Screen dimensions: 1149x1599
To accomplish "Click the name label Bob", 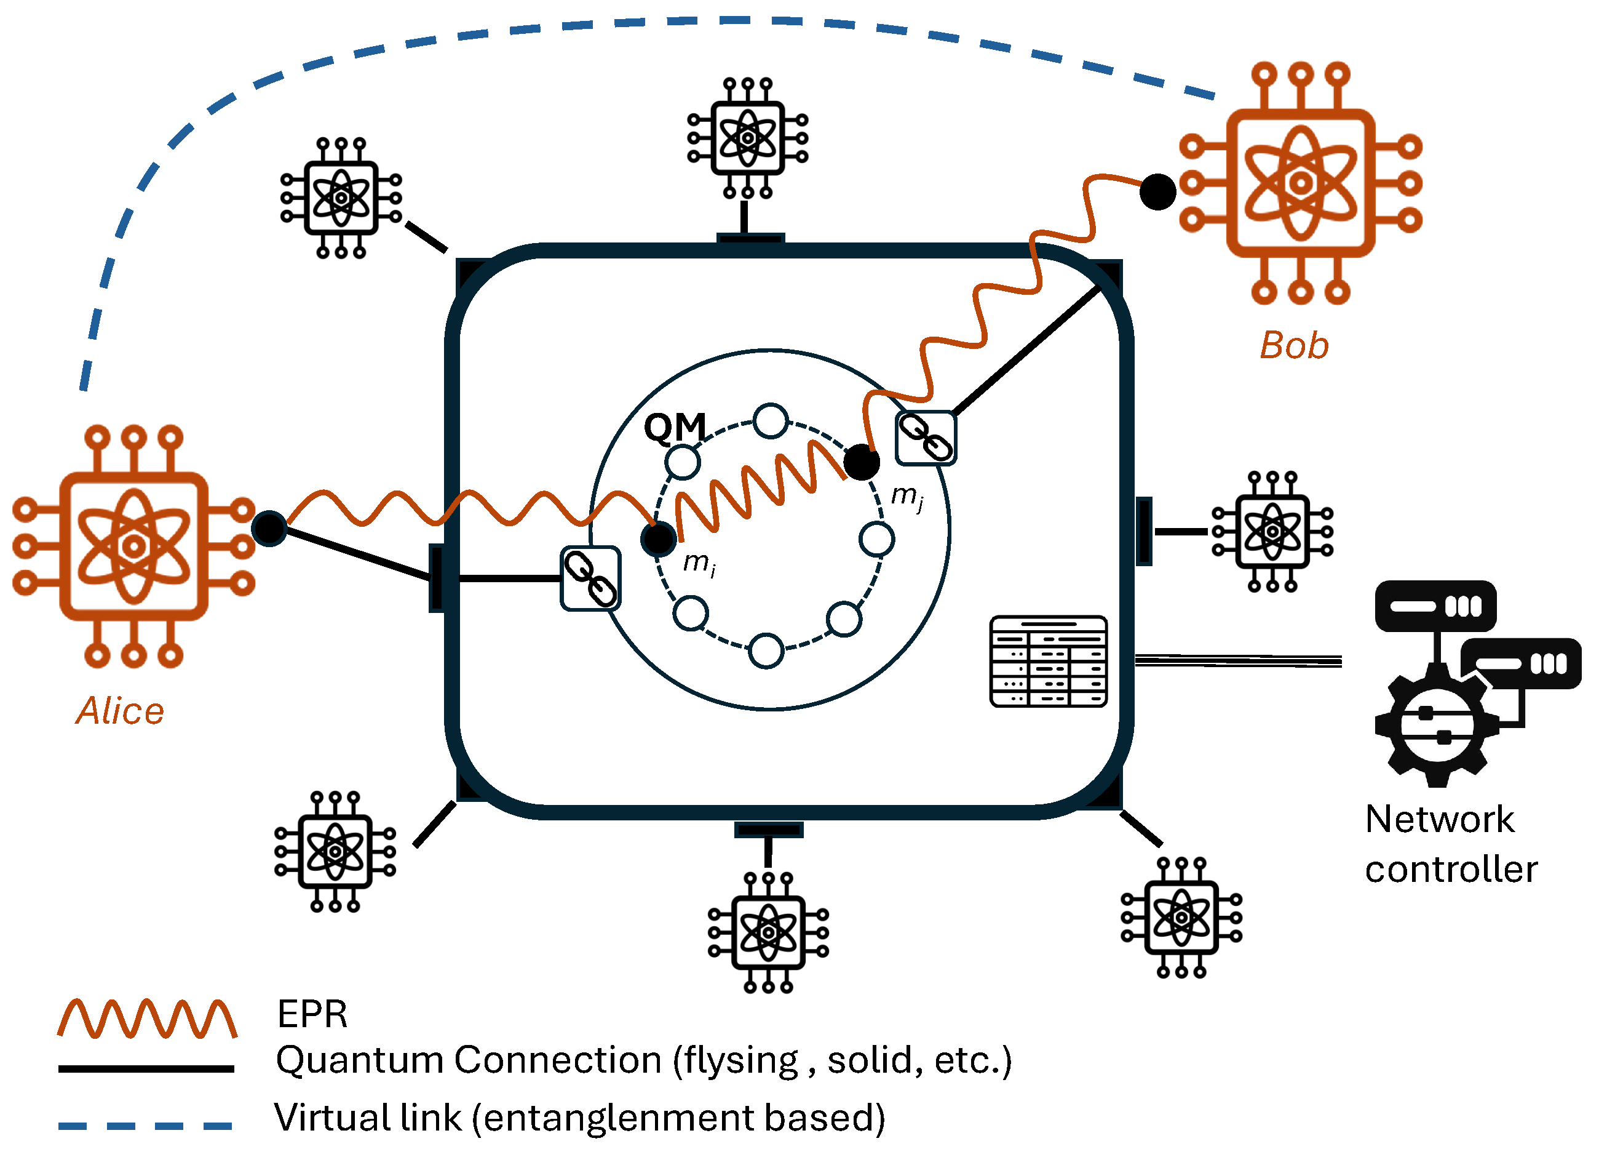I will [x=1294, y=346].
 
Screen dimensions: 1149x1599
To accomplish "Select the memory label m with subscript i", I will [x=699, y=563].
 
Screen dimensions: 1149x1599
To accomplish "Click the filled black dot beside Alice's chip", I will [x=269, y=528].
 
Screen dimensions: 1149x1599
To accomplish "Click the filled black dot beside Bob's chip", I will [x=1157, y=192].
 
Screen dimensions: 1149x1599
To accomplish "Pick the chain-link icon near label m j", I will [x=925, y=438].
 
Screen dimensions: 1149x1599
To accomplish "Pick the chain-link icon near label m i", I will [x=591, y=579].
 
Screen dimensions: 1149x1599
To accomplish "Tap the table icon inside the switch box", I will [x=1049, y=662].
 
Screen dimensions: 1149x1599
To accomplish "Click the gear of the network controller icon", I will [x=1436, y=726].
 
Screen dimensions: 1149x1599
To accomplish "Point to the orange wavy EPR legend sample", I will [x=146, y=1019].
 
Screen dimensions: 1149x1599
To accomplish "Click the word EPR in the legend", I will [x=312, y=1014].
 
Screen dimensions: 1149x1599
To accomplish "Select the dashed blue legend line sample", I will [x=145, y=1126].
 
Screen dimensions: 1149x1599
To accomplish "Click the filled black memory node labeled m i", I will [x=658, y=540].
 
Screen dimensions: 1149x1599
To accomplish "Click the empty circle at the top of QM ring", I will [x=770, y=421].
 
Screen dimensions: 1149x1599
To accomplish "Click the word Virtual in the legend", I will [x=331, y=1118].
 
